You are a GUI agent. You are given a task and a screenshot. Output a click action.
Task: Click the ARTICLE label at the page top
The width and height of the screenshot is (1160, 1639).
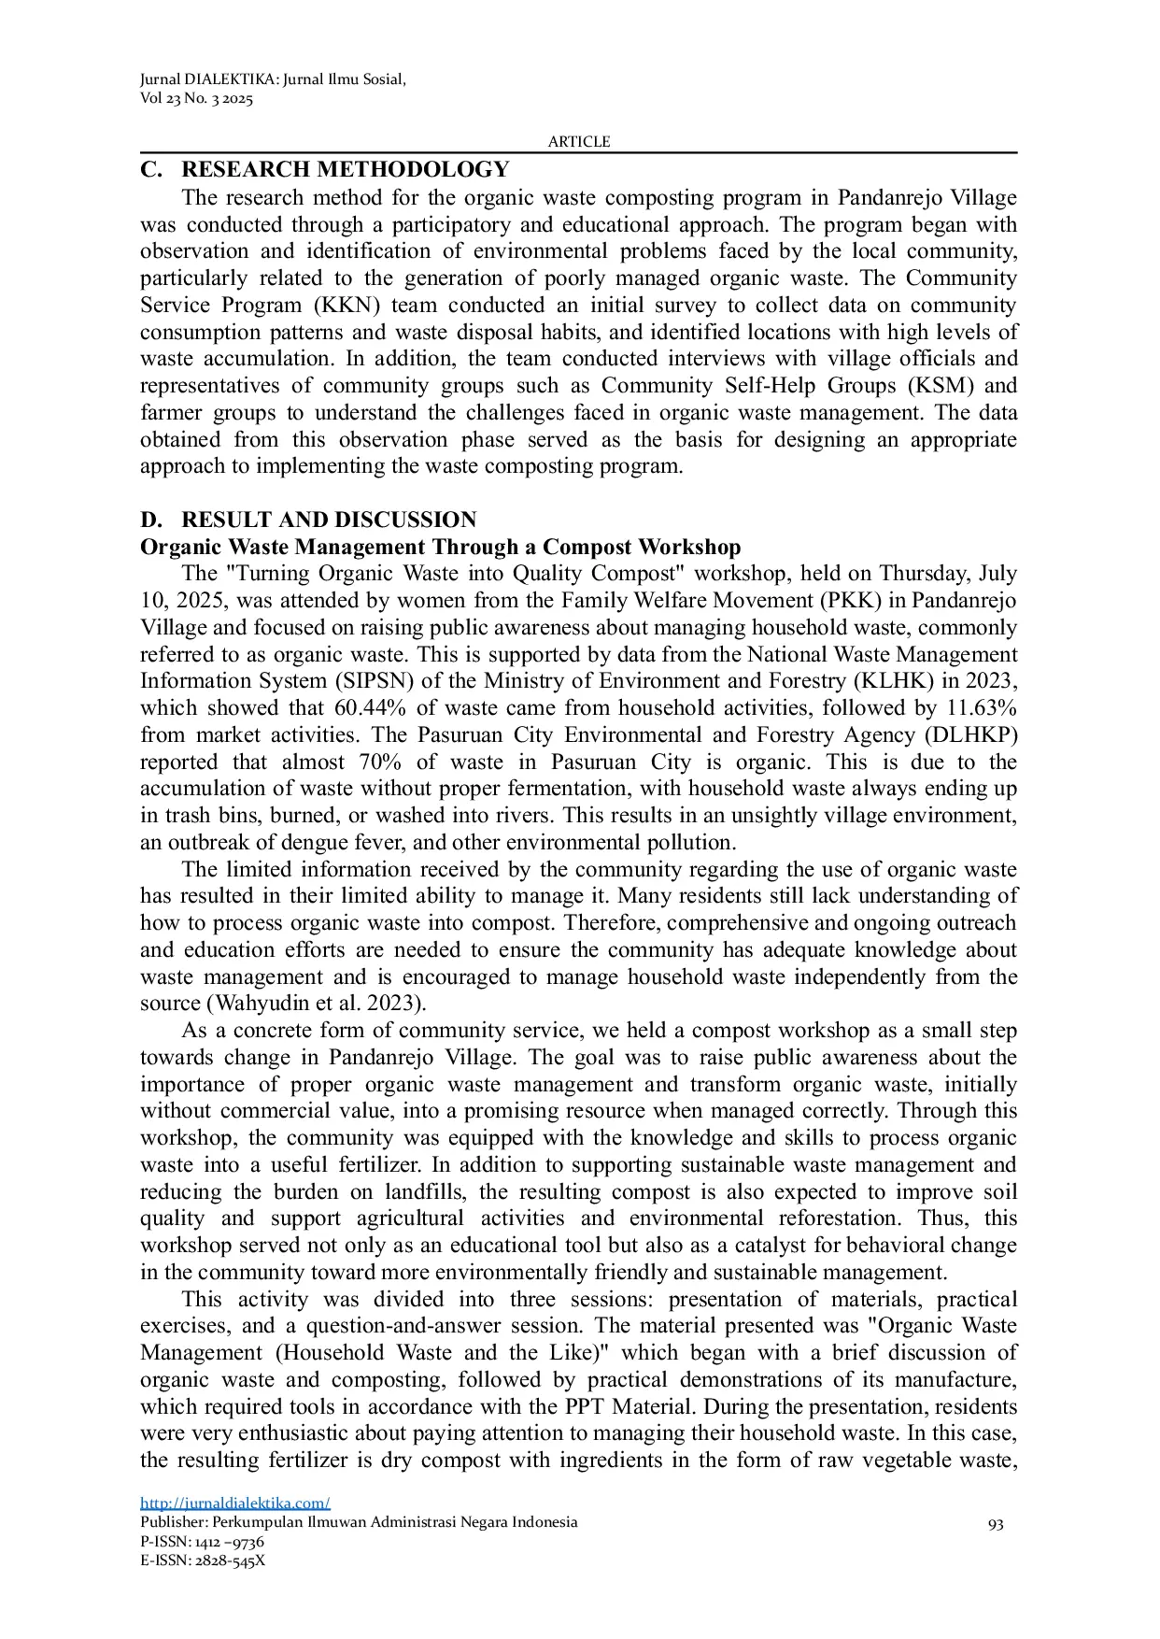pyautogui.click(x=578, y=142)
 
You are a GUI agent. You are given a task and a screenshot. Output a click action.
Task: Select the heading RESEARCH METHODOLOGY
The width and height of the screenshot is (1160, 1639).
pyautogui.click(x=345, y=170)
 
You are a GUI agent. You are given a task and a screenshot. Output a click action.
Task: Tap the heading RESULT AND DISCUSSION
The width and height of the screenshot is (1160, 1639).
pyautogui.click(x=328, y=520)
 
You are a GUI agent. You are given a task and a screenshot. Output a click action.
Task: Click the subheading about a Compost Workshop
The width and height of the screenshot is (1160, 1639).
pyautogui.click(x=440, y=547)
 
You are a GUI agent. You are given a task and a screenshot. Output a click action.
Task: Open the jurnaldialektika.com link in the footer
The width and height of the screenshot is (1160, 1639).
pyautogui.click(x=234, y=1503)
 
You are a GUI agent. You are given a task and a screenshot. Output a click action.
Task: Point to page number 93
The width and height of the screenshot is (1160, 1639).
pyautogui.click(x=996, y=1524)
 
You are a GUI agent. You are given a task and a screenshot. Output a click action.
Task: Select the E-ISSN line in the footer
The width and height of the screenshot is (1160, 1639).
pyautogui.click(x=202, y=1560)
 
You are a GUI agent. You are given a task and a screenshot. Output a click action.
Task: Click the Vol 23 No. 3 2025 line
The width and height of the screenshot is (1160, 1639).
pyautogui.click(x=196, y=99)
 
